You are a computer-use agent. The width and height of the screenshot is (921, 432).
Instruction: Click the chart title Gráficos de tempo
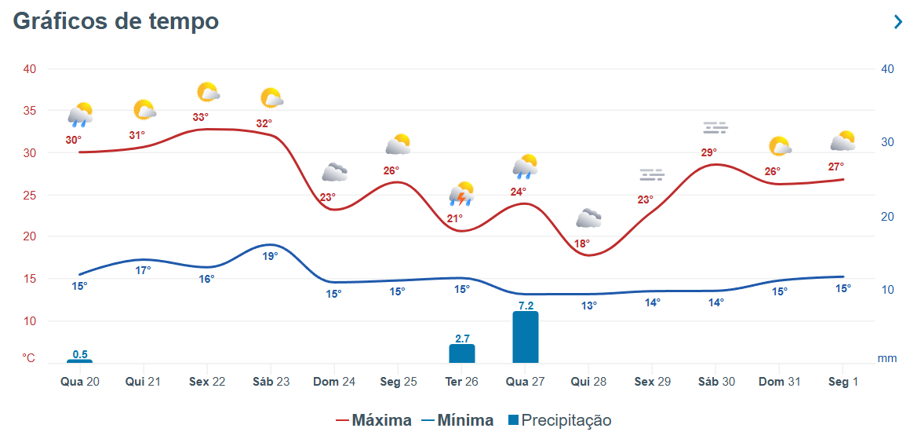point(116,21)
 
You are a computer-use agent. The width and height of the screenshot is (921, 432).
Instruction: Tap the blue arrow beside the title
point(898,22)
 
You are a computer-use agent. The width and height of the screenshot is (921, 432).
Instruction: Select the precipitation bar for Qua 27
point(526,337)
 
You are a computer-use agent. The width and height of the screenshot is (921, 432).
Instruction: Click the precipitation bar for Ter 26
point(462,353)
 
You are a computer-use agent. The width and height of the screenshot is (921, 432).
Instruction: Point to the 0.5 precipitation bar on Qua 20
point(80,361)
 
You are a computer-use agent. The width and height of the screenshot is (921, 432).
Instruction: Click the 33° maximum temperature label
point(201,118)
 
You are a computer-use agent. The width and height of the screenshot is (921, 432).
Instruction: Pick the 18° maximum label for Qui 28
point(582,243)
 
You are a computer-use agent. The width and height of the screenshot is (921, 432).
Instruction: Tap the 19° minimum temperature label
point(270,256)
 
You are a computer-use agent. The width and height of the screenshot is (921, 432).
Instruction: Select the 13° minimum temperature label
point(589,306)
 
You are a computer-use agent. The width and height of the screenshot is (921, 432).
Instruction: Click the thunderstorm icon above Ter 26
point(461,193)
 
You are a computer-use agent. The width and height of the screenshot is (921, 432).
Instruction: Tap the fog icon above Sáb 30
point(715,127)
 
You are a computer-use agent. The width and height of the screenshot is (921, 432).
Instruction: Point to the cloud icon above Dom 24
point(334,172)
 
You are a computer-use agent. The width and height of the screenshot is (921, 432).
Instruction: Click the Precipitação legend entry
point(559,420)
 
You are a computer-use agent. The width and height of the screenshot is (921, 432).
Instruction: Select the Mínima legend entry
point(459,420)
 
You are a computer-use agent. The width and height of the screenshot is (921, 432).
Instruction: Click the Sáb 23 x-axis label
point(271,382)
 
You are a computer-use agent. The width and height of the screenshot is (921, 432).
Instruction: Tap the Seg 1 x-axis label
point(843,382)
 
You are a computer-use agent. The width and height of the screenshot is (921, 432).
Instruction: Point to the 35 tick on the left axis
point(29,111)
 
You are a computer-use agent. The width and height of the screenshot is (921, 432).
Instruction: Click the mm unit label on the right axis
point(886,358)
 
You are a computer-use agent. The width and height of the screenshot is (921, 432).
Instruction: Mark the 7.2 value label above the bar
point(526,305)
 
